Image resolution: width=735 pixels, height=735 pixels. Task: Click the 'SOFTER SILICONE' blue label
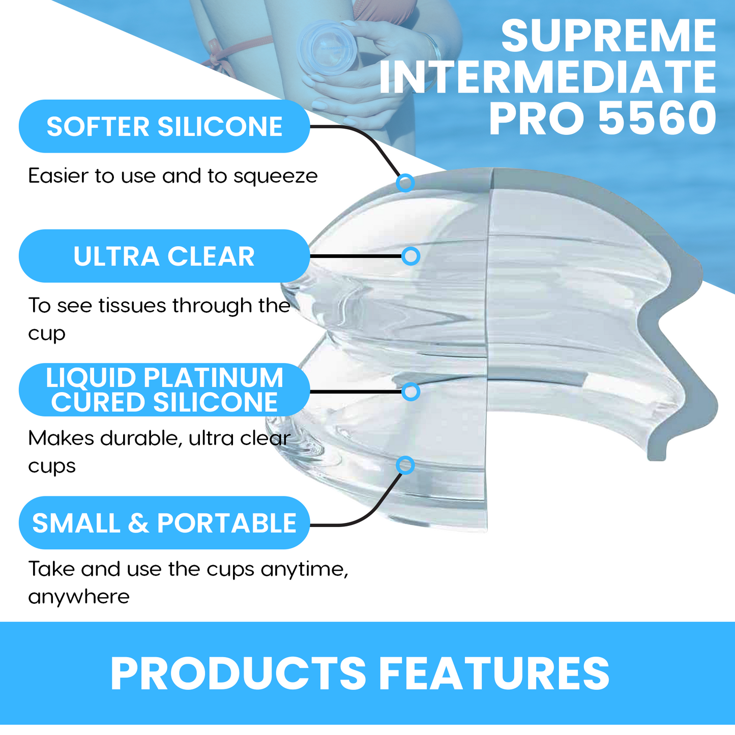click(164, 126)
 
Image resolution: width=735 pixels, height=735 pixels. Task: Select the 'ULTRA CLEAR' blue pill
click(164, 256)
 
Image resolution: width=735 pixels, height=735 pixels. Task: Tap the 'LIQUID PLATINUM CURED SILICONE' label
click(164, 390)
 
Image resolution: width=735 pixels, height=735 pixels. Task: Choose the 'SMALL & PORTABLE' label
click(164, 522)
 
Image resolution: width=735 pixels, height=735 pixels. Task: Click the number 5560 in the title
click(657, 118)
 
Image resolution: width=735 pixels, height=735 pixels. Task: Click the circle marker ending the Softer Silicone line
click(405, 183)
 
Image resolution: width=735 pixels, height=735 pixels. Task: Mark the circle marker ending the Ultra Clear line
click(411, 256)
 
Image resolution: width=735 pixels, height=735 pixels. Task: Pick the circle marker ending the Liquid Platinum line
click(411, 392)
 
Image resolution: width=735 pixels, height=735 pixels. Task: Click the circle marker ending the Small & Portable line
click(405, 465)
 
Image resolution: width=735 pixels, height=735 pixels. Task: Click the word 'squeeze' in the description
click(275, 177)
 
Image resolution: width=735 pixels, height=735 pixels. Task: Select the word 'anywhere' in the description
click(79, 597)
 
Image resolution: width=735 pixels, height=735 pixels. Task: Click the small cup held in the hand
click(327, 48)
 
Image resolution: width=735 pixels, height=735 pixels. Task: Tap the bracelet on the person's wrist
click(434, 49)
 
